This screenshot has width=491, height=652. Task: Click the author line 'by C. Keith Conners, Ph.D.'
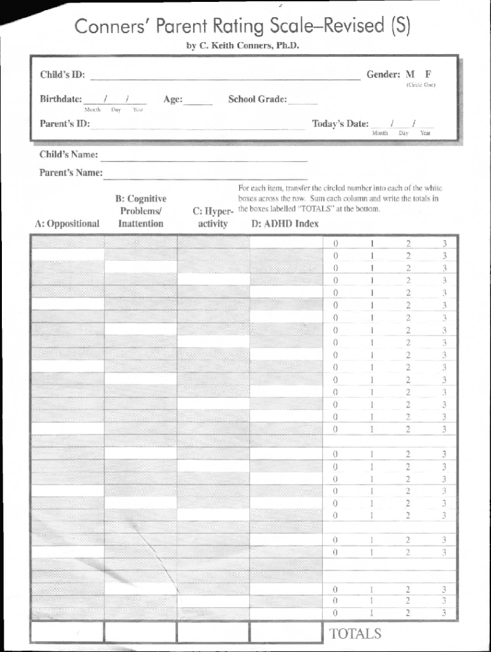242,46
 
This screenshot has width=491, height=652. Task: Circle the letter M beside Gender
410,74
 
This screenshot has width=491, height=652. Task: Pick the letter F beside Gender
429,74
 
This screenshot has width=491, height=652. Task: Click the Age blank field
199,101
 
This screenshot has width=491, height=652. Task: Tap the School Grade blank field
303,101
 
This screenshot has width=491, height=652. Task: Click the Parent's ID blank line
198,126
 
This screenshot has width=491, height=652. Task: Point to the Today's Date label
340,124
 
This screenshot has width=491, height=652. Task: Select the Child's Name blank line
204,157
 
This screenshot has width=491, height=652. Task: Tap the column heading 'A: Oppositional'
68,223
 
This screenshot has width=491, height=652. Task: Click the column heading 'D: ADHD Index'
285,223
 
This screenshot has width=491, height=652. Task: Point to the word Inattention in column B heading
141,223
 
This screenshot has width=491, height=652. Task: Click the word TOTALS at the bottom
355,633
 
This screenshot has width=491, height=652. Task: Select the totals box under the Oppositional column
67,632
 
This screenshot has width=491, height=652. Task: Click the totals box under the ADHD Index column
286,632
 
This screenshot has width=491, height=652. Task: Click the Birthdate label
61,99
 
